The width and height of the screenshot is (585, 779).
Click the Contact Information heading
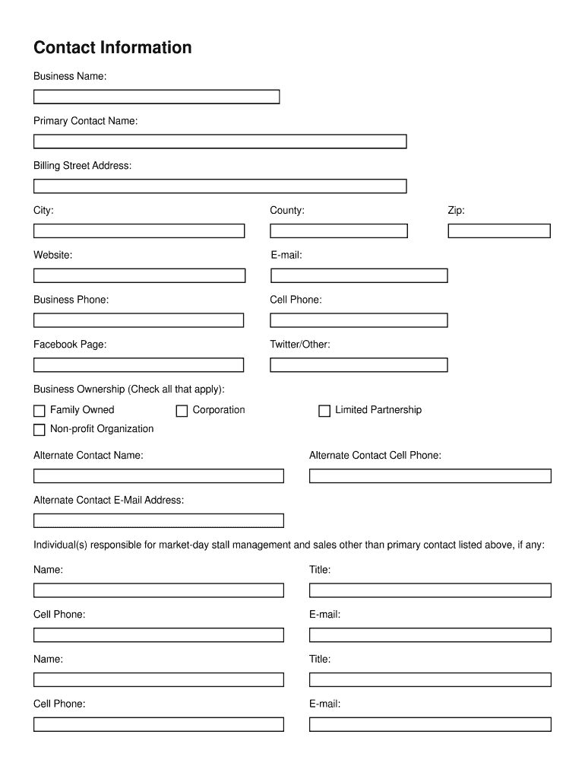point(112,48)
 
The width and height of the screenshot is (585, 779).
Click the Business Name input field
point(157,97)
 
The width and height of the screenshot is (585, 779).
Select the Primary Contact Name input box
point(220,141)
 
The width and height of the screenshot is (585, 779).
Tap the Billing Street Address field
point(220,186)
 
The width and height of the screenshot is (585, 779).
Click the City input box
point(139,231)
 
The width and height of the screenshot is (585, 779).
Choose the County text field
point(339,231)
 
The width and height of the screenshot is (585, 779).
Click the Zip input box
point(499,231)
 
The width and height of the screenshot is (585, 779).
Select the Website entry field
point(139,275)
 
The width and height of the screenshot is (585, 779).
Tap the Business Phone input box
point(139,320)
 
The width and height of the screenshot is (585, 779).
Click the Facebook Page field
point(139,365)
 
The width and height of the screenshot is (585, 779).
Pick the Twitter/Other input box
point(359,365)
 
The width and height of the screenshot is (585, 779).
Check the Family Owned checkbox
point(40,411)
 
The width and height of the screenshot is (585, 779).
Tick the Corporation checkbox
point(182,411)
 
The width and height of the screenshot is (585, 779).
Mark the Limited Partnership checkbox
point(324,411)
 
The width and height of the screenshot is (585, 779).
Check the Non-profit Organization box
point(40,430)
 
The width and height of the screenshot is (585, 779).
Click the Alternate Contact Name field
point(158,476)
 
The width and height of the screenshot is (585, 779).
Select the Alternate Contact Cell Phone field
point(430,476)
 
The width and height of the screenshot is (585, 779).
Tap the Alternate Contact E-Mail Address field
point(158,521)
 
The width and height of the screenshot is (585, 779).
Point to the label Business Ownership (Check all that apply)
point(129,389)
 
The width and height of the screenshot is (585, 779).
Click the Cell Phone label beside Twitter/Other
point(296,300)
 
